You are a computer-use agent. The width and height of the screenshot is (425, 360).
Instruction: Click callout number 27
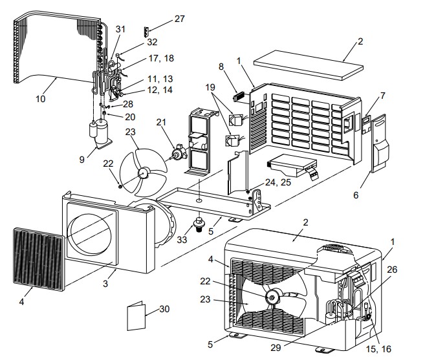point(179,19)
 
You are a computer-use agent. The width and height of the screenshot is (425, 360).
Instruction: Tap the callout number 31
point(120,29)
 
